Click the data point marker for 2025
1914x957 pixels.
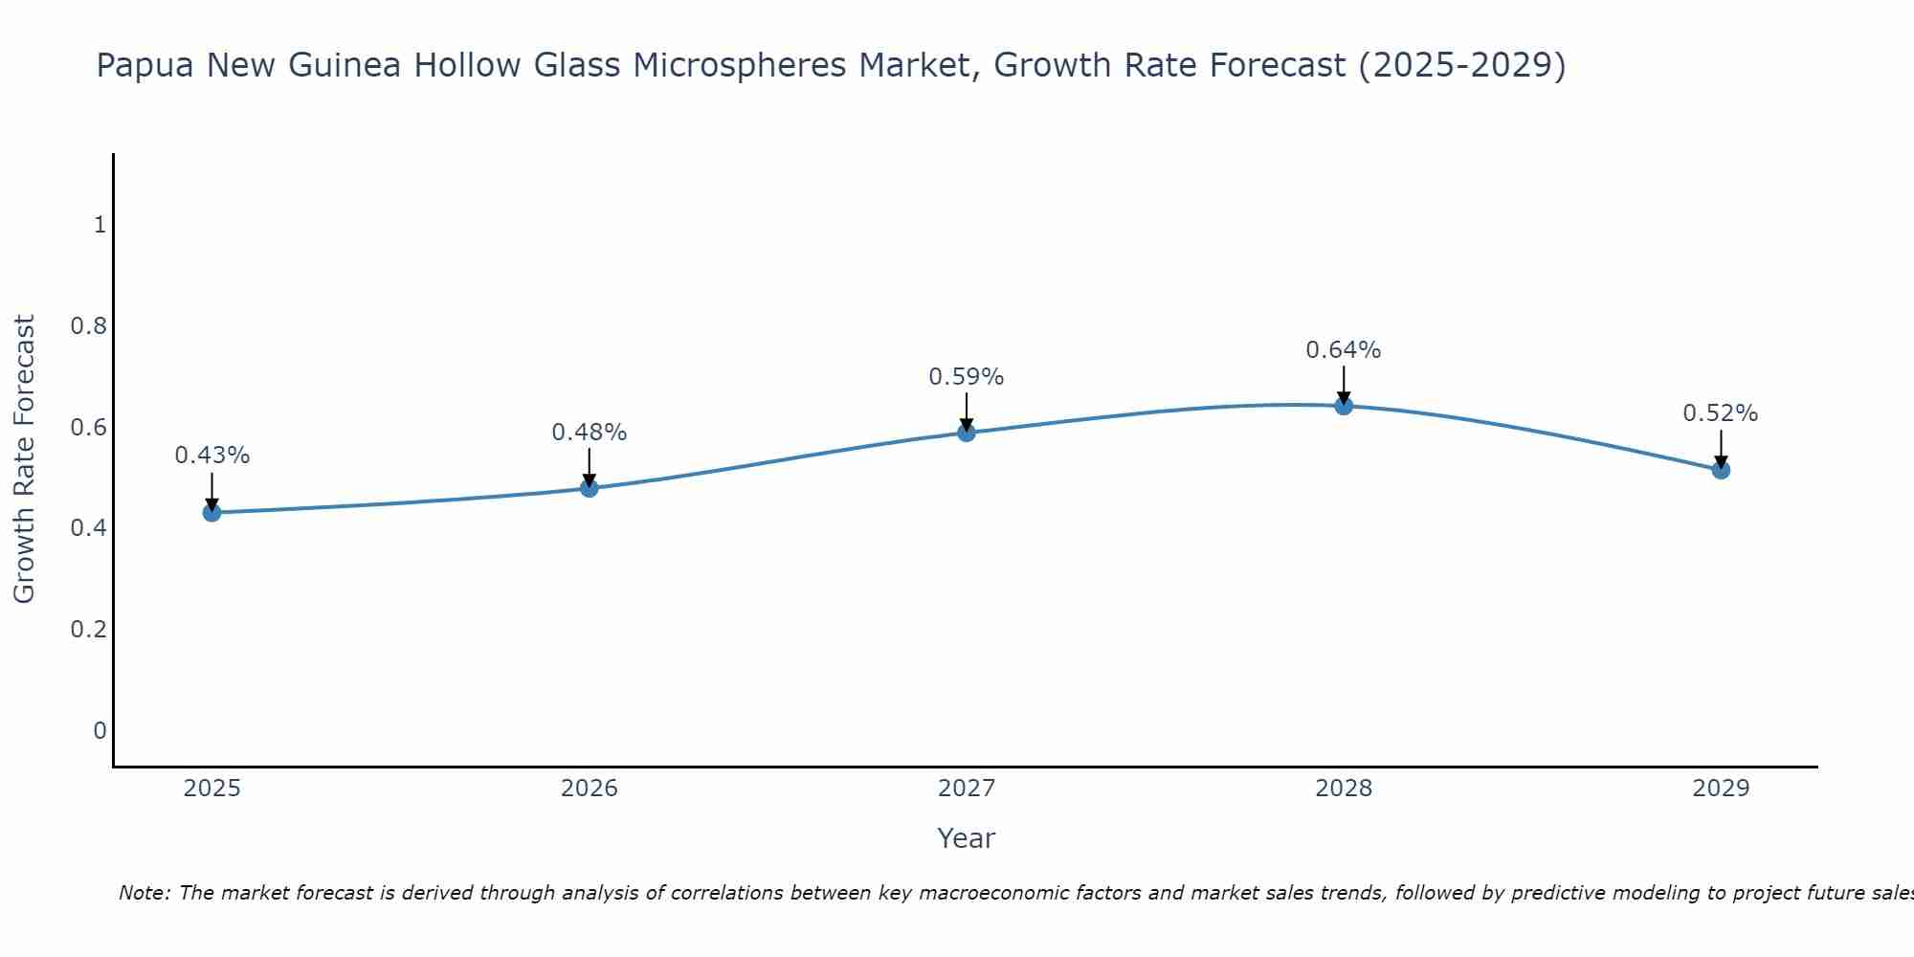(211, 512)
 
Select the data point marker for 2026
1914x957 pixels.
(589, 488)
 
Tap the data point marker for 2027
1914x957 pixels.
(966, 433)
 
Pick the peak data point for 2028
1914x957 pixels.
(1343, 406)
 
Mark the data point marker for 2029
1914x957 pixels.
(1720, 470)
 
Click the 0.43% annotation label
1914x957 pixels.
(211, 456)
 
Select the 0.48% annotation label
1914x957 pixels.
(589, 433)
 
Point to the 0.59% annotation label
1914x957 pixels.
(966, 377)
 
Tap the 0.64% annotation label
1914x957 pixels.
(1343, 350)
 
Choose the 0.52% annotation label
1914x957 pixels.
(1720, 413)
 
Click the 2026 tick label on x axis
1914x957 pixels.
(589, 789)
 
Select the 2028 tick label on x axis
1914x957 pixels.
(1343, 789)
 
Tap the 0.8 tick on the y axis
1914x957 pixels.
(88, 326)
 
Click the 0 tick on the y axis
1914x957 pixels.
(100, 731)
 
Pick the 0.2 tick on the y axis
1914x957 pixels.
(88, 630)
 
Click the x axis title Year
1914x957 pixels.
(966, 838)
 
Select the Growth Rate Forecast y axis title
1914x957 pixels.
(24, 459)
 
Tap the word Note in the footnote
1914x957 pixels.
(144, 893)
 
